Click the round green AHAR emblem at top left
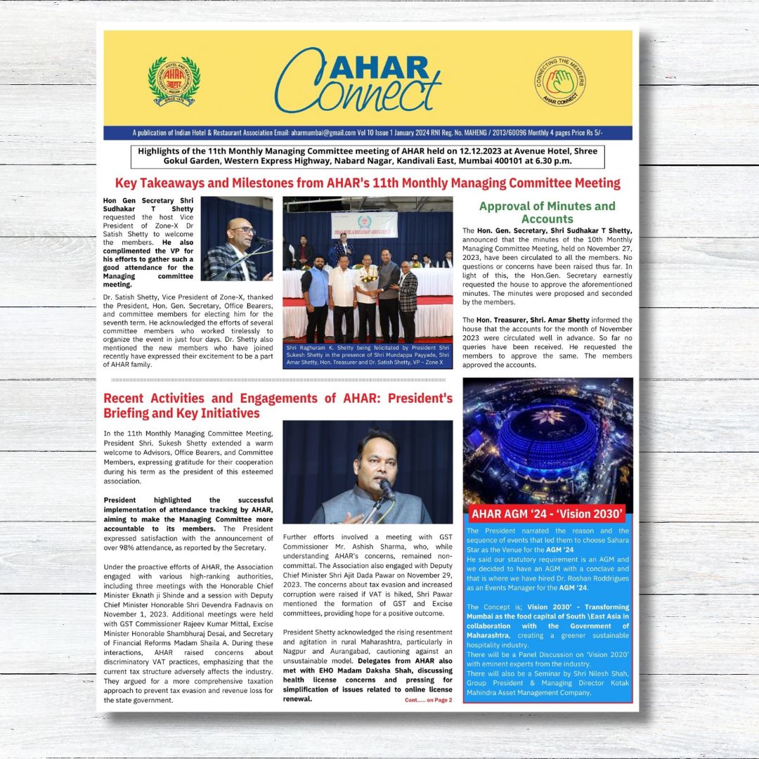tap(174, 82)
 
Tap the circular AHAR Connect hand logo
tap(560, 82)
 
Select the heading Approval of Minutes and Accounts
tap(547, 212)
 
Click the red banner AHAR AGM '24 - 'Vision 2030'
tap(547, 513)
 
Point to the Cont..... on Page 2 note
tap(428, 700)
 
